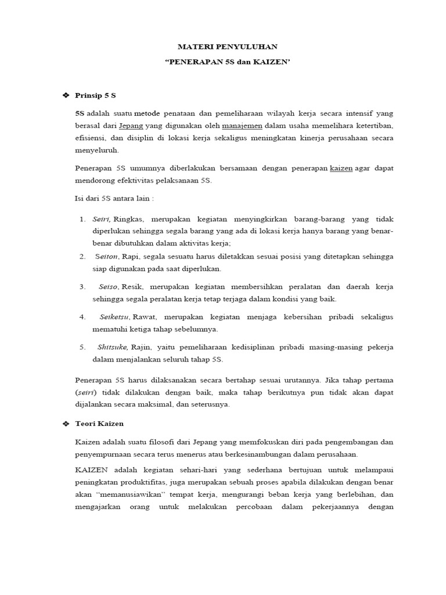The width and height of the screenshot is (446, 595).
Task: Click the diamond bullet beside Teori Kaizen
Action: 65,424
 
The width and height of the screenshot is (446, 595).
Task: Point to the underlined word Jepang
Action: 131,126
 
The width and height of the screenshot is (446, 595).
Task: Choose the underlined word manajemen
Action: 242,126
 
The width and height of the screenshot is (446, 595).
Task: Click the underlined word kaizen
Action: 341,169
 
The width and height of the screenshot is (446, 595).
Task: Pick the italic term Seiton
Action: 106,256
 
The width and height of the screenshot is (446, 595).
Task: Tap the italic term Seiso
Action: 109,287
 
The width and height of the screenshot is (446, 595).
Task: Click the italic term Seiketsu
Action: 114,317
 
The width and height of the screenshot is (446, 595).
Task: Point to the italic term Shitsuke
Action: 114,347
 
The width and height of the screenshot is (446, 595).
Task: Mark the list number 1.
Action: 82,220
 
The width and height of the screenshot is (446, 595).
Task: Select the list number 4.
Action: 82,317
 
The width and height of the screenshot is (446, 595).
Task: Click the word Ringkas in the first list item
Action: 131,220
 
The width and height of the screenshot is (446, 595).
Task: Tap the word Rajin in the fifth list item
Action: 141,347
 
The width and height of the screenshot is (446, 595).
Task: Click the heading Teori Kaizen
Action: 99,424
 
